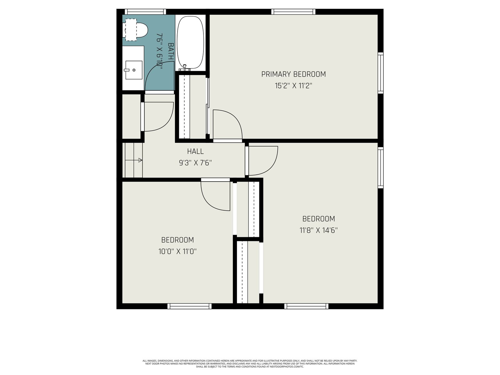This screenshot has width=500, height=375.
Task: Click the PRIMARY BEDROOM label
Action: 293,74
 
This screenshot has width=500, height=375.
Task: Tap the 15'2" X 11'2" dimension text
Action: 293,86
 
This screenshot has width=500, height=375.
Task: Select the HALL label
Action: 195,151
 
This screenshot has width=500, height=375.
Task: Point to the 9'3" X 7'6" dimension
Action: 195,163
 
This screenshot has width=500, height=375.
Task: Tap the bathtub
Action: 190,42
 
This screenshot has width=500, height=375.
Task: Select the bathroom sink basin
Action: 134,70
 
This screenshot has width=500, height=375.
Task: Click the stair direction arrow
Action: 134,160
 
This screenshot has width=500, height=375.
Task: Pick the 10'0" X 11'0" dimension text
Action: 177,252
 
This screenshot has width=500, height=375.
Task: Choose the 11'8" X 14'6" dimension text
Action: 318,230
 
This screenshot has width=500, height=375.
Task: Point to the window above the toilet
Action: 145,12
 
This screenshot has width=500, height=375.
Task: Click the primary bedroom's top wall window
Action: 293,12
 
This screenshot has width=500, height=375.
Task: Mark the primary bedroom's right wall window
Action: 381,73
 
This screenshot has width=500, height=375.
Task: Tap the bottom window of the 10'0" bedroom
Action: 189,306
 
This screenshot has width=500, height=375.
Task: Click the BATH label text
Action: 171,51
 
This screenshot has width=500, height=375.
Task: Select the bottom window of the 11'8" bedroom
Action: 306,306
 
